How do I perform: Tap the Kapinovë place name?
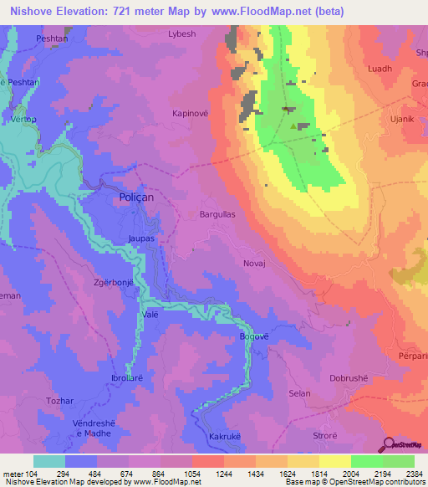pos(191,112)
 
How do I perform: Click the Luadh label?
pos(379,69)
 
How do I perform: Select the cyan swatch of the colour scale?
pos(48,461)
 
